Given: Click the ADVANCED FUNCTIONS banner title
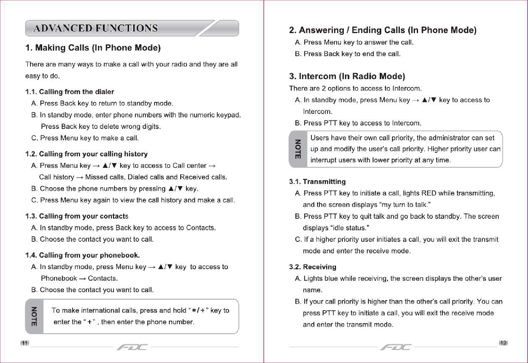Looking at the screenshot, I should click(95, 28).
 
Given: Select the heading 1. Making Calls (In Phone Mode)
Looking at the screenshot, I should click(93, 48).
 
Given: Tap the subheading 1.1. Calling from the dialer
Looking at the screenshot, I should click(70, 92).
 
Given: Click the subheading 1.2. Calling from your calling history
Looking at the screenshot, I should click(86, 154).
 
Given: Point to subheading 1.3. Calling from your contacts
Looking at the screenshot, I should click(77, 216).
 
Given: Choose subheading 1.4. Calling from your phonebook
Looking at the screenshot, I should click(82, 255).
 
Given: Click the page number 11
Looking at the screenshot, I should click(24, 343).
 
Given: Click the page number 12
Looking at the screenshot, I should click(503, 343).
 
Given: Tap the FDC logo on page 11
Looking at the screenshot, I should click(132, 347).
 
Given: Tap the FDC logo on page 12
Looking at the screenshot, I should click(396, 347).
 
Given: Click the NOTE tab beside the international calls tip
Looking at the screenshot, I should click(34, 316).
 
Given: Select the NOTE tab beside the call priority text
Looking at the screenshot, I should click(298, 149).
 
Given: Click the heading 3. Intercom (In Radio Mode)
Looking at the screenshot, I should click(347, 76).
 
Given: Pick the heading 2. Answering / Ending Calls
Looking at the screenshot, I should click(382, 30).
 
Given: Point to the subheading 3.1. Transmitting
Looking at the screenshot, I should click(317, 182).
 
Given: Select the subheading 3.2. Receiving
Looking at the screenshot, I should click(312, 267).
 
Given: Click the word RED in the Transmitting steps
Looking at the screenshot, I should click(429, 193).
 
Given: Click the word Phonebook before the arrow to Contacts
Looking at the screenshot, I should click(59, 278).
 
